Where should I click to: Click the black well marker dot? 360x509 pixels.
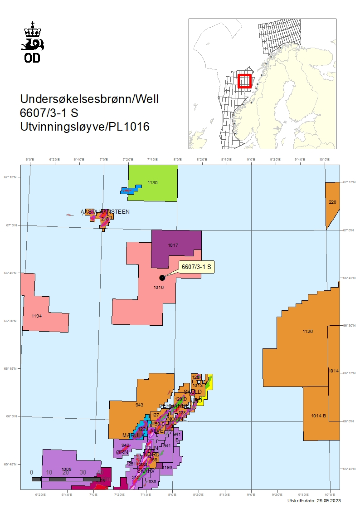pos(162,278)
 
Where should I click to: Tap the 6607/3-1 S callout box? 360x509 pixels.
pos(196,267)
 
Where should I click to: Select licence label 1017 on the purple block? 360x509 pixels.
pos(173,245)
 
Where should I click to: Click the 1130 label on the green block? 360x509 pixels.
pos(152,182)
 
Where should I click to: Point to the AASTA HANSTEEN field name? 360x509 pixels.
pos(105,211)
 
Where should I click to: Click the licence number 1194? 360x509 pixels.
pos(36,316)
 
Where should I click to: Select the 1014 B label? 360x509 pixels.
pos(318,416)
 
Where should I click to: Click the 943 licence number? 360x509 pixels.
pos(139,404)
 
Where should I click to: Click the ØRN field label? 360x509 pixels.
pos(122,452)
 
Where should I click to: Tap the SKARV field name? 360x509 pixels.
pos(146,471)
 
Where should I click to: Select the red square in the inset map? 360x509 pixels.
pos(244,81)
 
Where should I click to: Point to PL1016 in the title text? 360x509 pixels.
pos(129,127)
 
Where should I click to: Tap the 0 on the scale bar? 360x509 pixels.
pos(32,472)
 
